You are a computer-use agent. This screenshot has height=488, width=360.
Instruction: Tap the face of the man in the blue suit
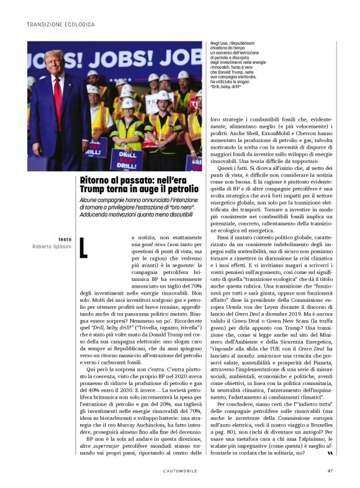click(x=54, y=64)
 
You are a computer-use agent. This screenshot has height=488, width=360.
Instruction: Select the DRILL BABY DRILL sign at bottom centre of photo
click(x=126, y=159)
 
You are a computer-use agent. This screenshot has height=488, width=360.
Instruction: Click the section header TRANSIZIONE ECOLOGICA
click(x=60, y=24)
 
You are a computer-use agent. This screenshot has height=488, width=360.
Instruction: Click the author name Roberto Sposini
click(x=52, y=246)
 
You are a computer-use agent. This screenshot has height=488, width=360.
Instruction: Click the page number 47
click(x=330, y=469)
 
